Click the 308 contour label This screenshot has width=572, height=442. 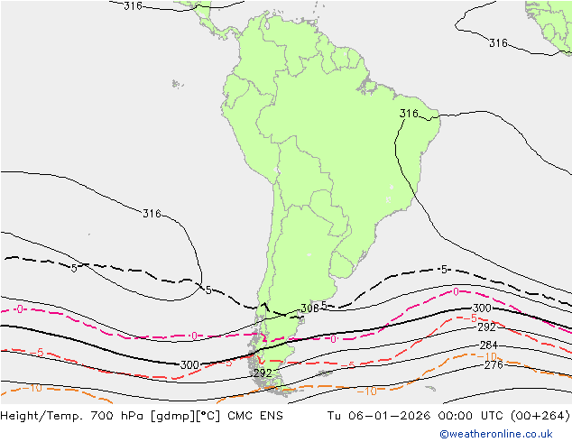tap(309, 308)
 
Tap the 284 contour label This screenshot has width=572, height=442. tap(488, 345)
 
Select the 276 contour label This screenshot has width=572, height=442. tap(494, 364)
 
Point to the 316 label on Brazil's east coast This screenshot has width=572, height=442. tap(409, 114)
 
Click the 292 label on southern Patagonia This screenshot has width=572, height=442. tap(263, 373)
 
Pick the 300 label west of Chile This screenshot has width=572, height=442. tap(189, 365)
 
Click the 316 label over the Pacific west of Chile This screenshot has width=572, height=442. tap(152, 214)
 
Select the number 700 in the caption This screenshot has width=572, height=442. tap(104, 416)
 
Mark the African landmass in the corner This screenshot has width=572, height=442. tap(552, 23)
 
